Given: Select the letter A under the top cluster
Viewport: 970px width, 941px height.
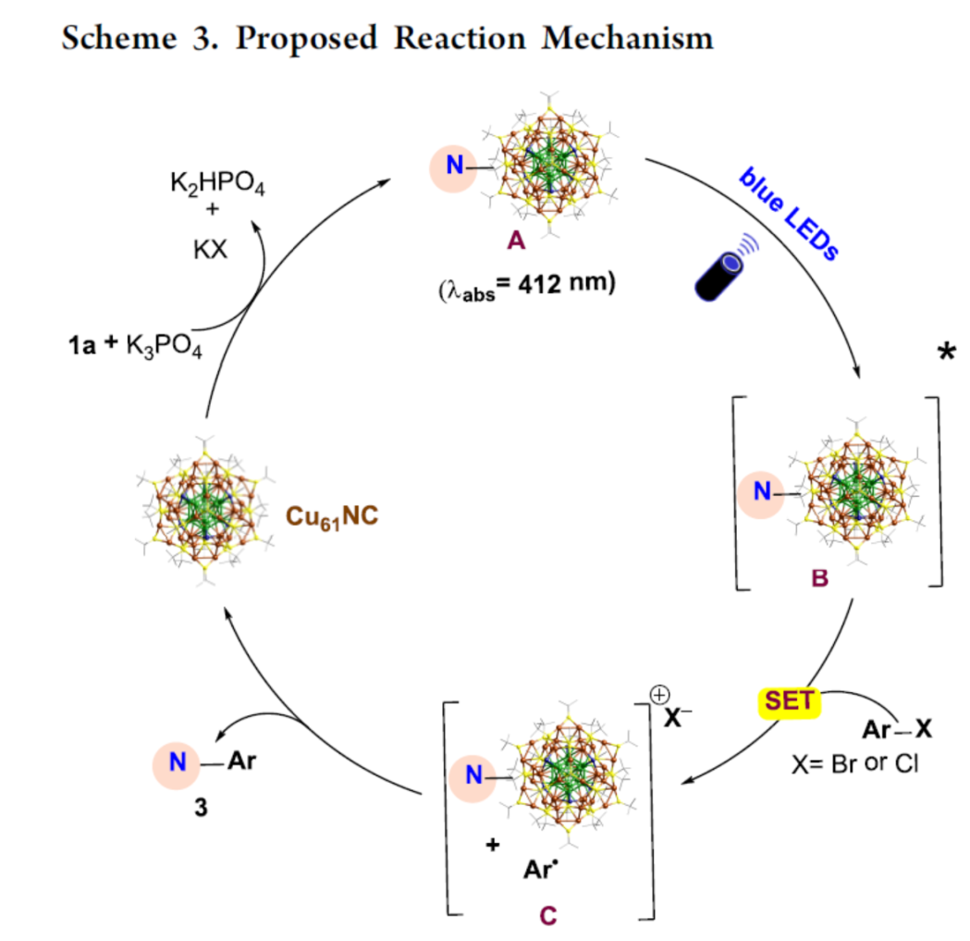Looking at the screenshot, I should click(516, 242).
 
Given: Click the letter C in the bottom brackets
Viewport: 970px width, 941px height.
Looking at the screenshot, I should click(547, 915).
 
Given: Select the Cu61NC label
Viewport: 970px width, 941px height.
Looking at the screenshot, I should click(329, 516).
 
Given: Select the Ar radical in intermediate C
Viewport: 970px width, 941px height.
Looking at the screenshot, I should click(539, 870).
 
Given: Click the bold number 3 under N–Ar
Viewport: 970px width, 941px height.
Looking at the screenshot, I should click(201, 806).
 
